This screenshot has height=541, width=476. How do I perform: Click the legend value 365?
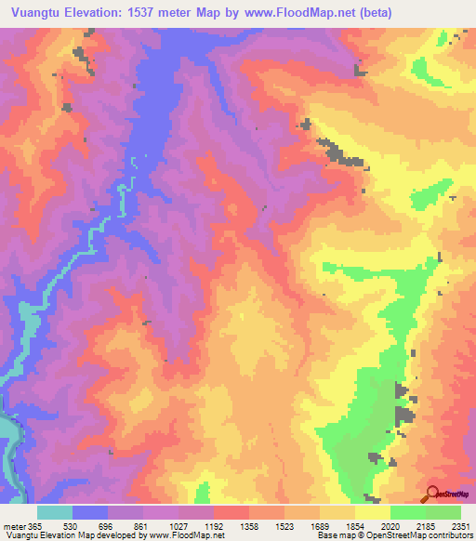coord(34,526)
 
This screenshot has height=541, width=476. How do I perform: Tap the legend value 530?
coord(69,526)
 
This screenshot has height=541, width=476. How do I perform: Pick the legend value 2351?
coord(462,526)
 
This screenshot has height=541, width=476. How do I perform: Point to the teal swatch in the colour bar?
coord(55,512)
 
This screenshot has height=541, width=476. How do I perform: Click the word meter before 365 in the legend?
coord(13,526)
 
